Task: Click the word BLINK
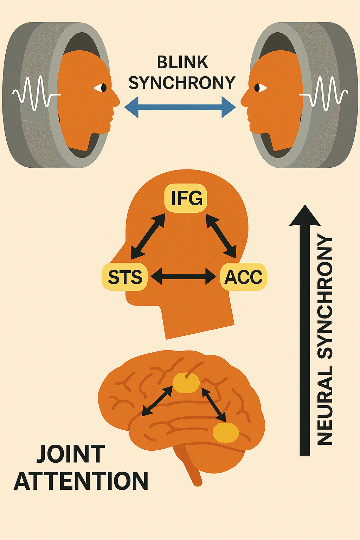point(182,63)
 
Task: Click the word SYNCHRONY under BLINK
point(182,83)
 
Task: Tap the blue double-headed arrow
point(180,107)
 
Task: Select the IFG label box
point(186,198)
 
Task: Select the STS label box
point(125,277)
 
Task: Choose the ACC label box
point(243,277)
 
